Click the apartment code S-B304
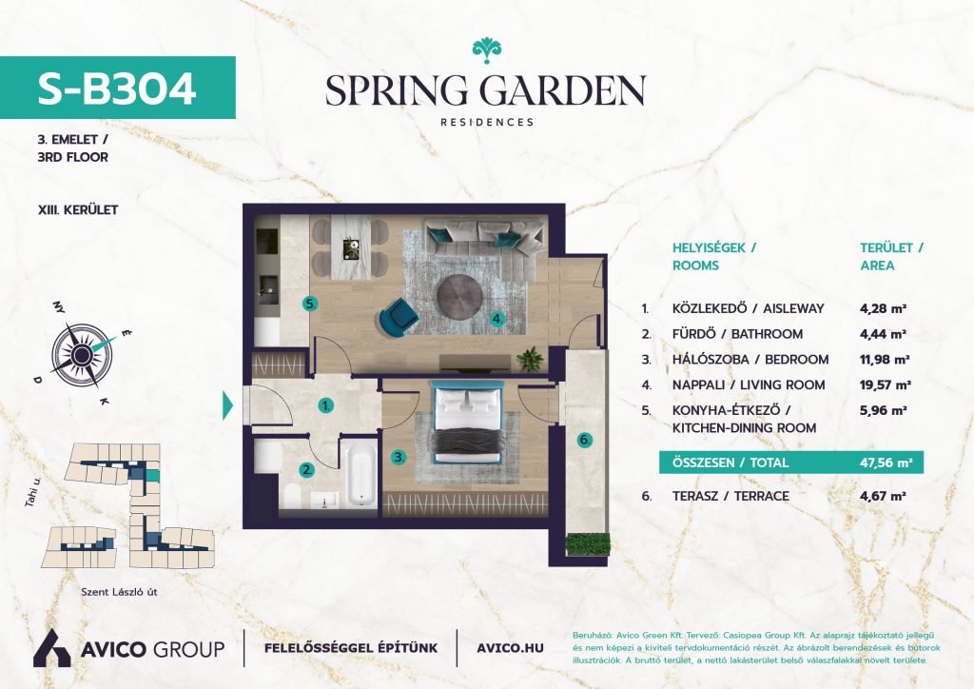pos(117,89)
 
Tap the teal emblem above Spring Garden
pos(486,50)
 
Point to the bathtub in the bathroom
pos(360,475)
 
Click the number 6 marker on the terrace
pos(585,440)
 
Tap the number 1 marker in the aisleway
pos(325,406)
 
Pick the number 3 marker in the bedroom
pos(399,457)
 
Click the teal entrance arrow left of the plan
pos(228,406)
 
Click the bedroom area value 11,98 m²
pos(885,360)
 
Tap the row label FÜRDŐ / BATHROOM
pos(737,334)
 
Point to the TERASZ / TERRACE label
pos(730,497)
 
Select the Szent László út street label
pos(119,592)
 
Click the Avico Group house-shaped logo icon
pos(51,648)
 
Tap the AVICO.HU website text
pos(510,648)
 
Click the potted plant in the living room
pos(530,359)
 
